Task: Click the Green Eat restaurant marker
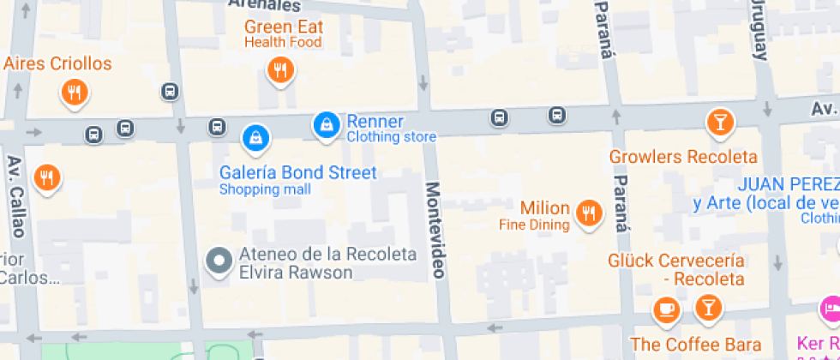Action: point(279,69)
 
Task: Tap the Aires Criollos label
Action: point(57,64)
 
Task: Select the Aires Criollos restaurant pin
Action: point(75,92)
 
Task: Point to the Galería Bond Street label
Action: point(297,173)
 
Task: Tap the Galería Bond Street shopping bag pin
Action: point(255,136)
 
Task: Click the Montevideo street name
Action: point(436,229)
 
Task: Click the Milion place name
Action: point(544,208)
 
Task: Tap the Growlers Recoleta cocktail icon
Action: point(719,122)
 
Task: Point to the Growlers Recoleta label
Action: point(683,157)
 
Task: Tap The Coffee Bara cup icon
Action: point(666,309)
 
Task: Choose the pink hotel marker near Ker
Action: point(830,308)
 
